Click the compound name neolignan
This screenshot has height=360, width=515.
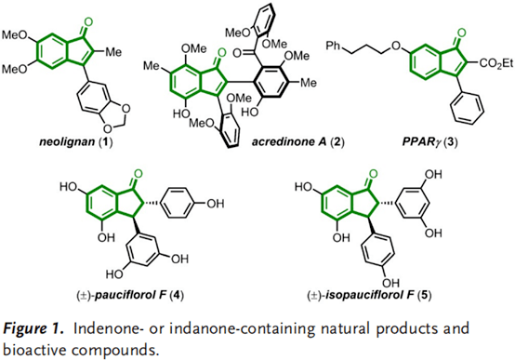pyautogui.click(x=67, y=142)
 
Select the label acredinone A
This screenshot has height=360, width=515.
pyautogui.click(x=290, y=142)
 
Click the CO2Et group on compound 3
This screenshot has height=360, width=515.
pyautogui.click(x=496, y=63)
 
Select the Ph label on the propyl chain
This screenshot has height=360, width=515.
pyautogui.click(x=333, y=46)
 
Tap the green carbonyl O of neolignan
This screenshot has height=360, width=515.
pyautogui.click(x=88, y=22)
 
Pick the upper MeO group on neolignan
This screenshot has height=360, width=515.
pyautogui.click(x=14, y=34)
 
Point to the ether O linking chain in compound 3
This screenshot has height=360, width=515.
pyautogui.click(x=397, y=46)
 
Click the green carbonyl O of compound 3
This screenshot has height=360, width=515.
pyautogui.click(x=461, y=33)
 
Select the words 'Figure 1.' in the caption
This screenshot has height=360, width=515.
pyautogui.click(x=33, y=328)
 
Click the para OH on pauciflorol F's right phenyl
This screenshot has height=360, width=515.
pyautogui.click(x=215, y=204)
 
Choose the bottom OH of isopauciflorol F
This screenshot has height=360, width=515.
pyautogui.click(x=391, y=283)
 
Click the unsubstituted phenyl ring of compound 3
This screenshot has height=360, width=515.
pyautogui.click(x=468, y=108)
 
